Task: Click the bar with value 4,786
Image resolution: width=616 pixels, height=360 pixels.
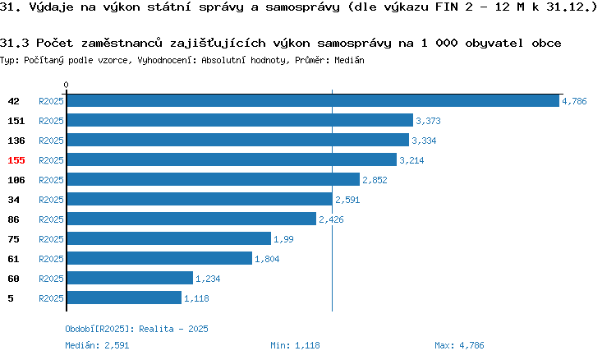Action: coord(313,100)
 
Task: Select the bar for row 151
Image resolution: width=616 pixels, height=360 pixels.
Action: coord(240,120)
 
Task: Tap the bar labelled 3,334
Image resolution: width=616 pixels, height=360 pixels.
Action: coord(238,140)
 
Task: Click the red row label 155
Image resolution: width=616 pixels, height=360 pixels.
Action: coord(16,160)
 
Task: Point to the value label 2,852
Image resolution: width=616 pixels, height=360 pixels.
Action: coord(375,180)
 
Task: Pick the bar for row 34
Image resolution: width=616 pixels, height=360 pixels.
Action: coord(200,199)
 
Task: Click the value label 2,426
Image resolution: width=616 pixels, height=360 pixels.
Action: coord(331,219)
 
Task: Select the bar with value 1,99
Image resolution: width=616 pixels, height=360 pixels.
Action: coord(169,238)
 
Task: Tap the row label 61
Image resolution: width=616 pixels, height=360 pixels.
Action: coord(13,259)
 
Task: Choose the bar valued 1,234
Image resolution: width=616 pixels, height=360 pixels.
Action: coord(130,278)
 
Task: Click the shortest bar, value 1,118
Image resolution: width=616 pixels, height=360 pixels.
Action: coord(125,298)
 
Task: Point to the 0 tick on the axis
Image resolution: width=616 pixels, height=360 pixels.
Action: coord(66,85)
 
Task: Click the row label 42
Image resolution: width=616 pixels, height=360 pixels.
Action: coord(13,101)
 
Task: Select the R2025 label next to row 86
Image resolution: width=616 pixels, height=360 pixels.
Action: coord(51,219)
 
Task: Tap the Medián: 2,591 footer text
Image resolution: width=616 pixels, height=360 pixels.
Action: coord(97,345)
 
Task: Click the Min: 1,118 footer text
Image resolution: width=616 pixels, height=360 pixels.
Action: coord(295,345)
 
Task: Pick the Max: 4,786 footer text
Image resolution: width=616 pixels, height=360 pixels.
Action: coord(459,345)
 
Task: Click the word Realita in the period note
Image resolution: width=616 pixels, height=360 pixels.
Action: coord(156,329)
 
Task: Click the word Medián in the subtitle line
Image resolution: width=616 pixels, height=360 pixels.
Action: coord(349,60)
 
